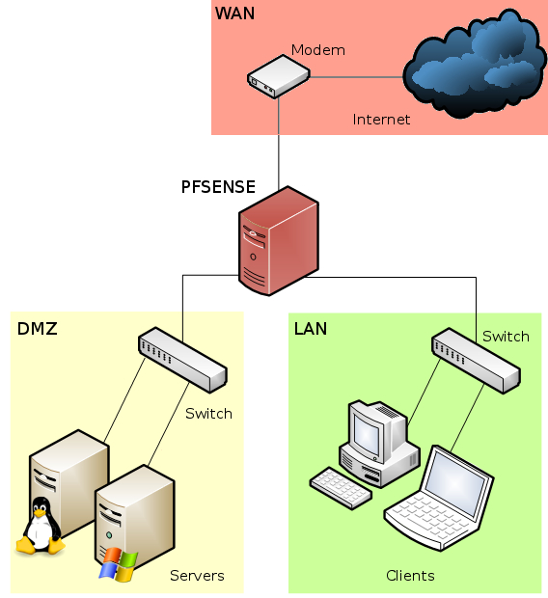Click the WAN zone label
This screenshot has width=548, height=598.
(x=235, y=14)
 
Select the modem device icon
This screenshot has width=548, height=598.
(x=278, y=76)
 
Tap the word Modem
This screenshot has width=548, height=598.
(x=318, y=50)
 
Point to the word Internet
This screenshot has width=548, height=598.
(x=381, y=120)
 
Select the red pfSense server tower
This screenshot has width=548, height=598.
(x=278, y=242)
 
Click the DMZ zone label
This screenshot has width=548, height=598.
(x=38, y=330)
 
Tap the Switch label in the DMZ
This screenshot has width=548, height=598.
(x=208, y=413)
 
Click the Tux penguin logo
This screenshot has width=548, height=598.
(x=40, y=527)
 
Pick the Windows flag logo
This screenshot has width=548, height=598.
(x=118, y=565)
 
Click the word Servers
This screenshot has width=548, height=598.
(x=197, y=576)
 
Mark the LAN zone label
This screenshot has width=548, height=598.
(x=311, y=330)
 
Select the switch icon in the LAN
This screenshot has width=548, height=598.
(x=475, y=360)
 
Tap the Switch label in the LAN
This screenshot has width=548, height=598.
(x=506, y=337)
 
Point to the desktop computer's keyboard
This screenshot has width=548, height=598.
(x=341, y=488)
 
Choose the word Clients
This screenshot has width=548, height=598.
(x=410, y=576)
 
